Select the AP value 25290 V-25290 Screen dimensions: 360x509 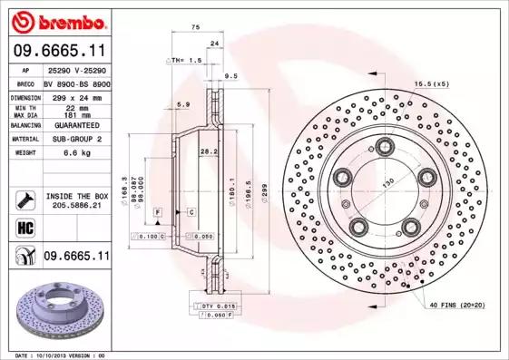(76, 69)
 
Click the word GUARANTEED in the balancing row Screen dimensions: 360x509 (71, 126)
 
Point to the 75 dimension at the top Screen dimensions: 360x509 (194, 28)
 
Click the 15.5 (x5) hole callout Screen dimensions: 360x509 (432, 84)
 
